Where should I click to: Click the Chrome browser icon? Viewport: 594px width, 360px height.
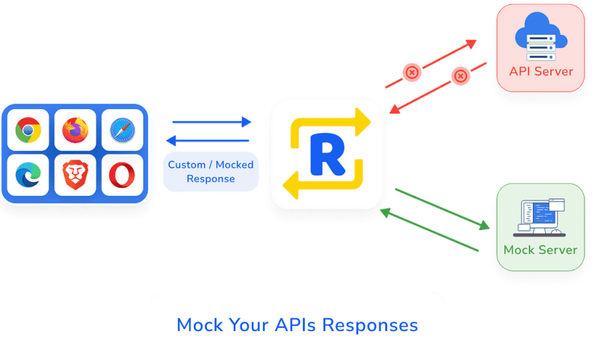pyautogui.click(x=28, y=130)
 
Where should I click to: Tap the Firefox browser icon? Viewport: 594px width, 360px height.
pyautogui.click(x=76, y=130)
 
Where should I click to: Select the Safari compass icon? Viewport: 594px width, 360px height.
pyautogui.click(x=123, y=130)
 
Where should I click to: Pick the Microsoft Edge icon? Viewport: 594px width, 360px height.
pyautogui.click(x=28, y=174)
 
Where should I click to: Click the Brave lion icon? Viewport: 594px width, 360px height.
pyautogui.click(x=76, y=174)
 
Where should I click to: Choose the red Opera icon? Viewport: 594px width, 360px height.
pyautogui.click(x=122, y=174)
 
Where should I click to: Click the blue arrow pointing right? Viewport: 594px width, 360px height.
pyautogui.click(x=212, y=122)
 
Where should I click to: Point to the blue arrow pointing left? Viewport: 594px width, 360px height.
pyautogui.click(x=208, y=141)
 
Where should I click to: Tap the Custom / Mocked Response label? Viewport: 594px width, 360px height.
pyautogui.click(x=211, y=171)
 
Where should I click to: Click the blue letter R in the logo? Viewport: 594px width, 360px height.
pyautogui.click(x=327, y=154)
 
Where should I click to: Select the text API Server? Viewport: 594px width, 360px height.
pyautogui.click(x=541, y=71)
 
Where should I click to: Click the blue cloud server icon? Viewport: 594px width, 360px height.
pyautogui.click(x=541, y=36)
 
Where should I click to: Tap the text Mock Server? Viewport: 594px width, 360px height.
pyautogui.click(x=541, y=250)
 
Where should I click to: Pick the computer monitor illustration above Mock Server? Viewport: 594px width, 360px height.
pyautogui.click(x=541, y=217)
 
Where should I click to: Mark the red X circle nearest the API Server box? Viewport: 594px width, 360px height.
pyautogui.click(x=460, y=76)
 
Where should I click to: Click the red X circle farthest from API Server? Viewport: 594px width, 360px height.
pyautogui.click(x=412, y=72)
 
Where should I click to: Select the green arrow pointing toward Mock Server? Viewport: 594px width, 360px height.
pyautogui.click(x=443, y=209)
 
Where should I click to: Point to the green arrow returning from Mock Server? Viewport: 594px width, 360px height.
pyautogui.click(x=429, y=229)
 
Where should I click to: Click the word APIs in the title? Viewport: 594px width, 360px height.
pyautogui.click(x=296, y=325)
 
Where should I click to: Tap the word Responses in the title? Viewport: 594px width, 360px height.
pyautogui.click(x=370, y=326)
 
